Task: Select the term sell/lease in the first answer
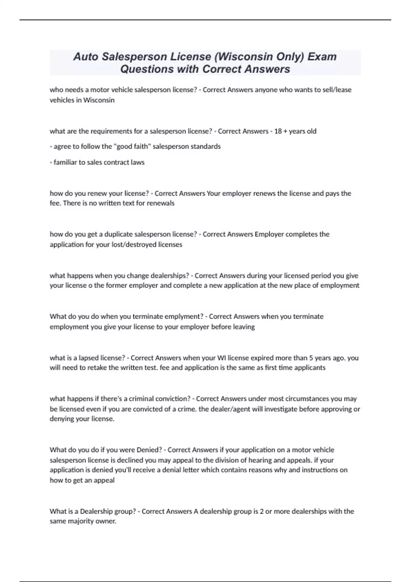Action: pos(337,90)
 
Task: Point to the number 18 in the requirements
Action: pos(278,131)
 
